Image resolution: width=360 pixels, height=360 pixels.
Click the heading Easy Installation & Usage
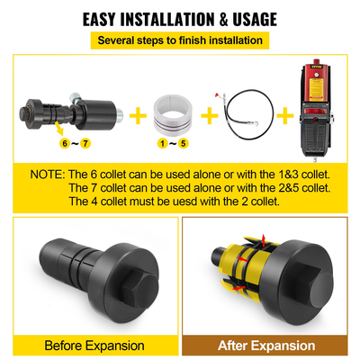(x=180, y=19)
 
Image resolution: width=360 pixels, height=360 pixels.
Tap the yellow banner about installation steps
(x=180, y=40)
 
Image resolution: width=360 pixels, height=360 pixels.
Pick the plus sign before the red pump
(x=281, y=114)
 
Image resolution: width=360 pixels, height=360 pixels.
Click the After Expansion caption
(x=268, y=344)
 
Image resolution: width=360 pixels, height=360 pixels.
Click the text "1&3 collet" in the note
(x=290, y=173)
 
